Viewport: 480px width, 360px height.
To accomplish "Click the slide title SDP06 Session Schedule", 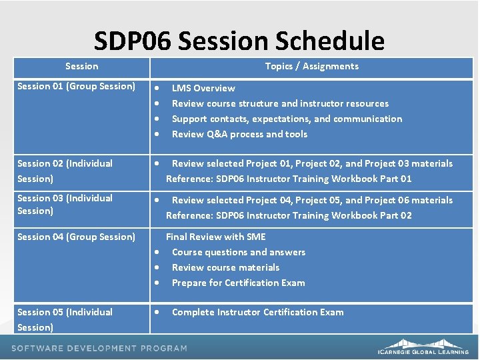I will click(x=239, y=41).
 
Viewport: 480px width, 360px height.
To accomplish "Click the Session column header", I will click(x=81, y=66).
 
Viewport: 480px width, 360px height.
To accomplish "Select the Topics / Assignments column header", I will click(x=311, y=66).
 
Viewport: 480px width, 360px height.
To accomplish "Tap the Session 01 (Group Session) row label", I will click(x=76, y=86).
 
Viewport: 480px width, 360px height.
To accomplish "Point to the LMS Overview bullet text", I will click(x=203, y=88).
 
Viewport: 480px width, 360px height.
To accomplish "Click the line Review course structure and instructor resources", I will click(x=280, y=103).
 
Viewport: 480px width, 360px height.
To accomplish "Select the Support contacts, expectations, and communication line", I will click(x=287, y=119).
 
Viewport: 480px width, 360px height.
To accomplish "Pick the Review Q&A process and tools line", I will click(x=239, y=134).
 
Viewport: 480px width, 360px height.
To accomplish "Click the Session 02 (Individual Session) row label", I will click(x=65, y=171).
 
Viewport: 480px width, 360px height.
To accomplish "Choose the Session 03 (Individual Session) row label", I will click(x=65, y=204).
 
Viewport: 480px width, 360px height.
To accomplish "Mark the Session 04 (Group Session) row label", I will click(x=76, y=237).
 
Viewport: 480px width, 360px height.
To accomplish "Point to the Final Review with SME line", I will click(x=215, y=237).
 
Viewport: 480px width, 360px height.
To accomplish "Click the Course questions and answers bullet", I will click(x=238, y=252).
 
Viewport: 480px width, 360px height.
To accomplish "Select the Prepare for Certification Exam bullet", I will click(x=238, y=283).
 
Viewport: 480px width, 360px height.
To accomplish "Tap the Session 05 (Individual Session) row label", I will click(x=65, y=319).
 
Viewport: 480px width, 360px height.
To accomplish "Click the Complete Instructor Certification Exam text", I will click(x=257, y=312).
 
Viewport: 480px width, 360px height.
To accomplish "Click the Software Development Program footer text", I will click(x=99, y=348).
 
